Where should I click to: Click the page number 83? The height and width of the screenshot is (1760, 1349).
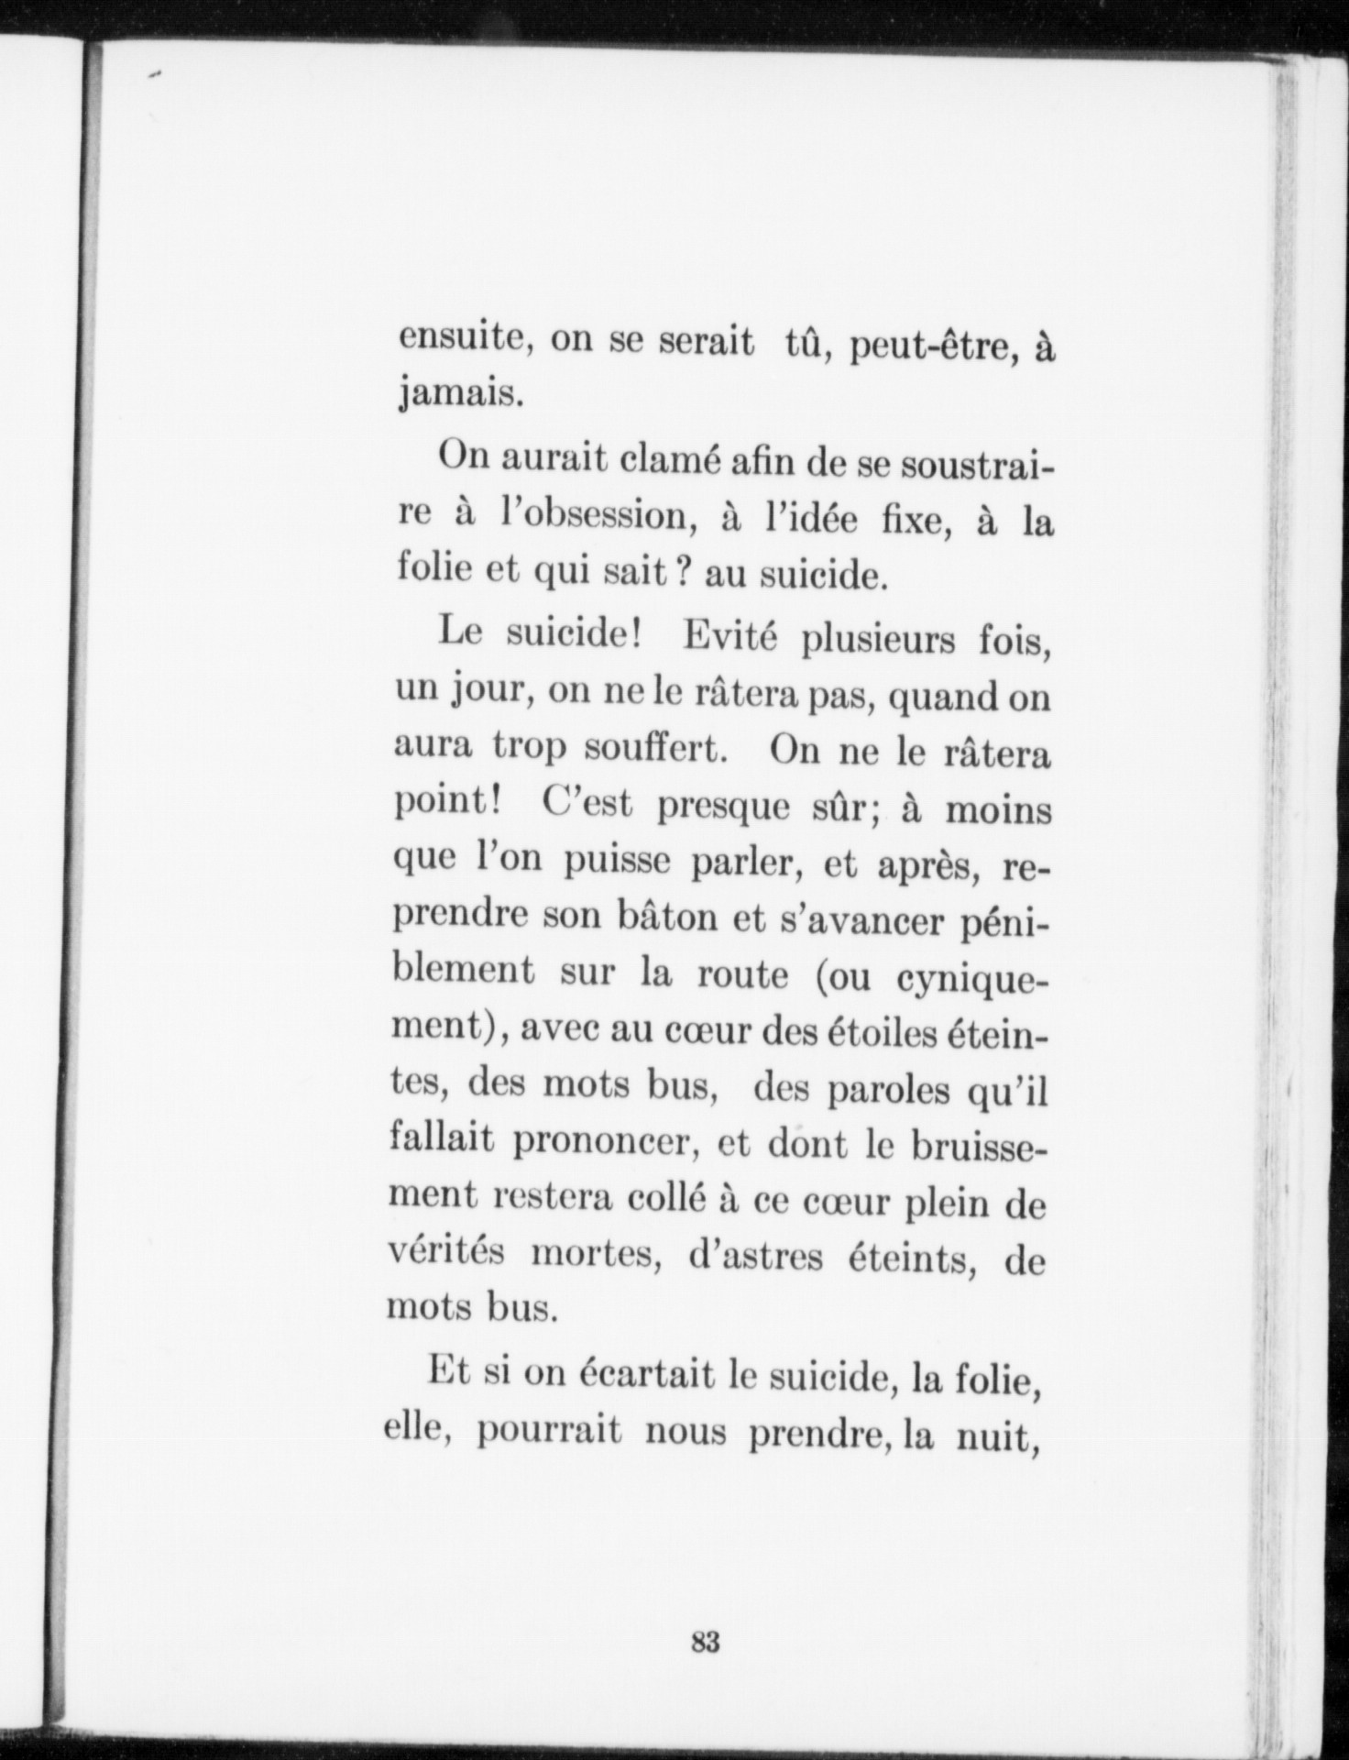point(706,1642)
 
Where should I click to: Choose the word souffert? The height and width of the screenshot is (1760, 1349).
point(656,750)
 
